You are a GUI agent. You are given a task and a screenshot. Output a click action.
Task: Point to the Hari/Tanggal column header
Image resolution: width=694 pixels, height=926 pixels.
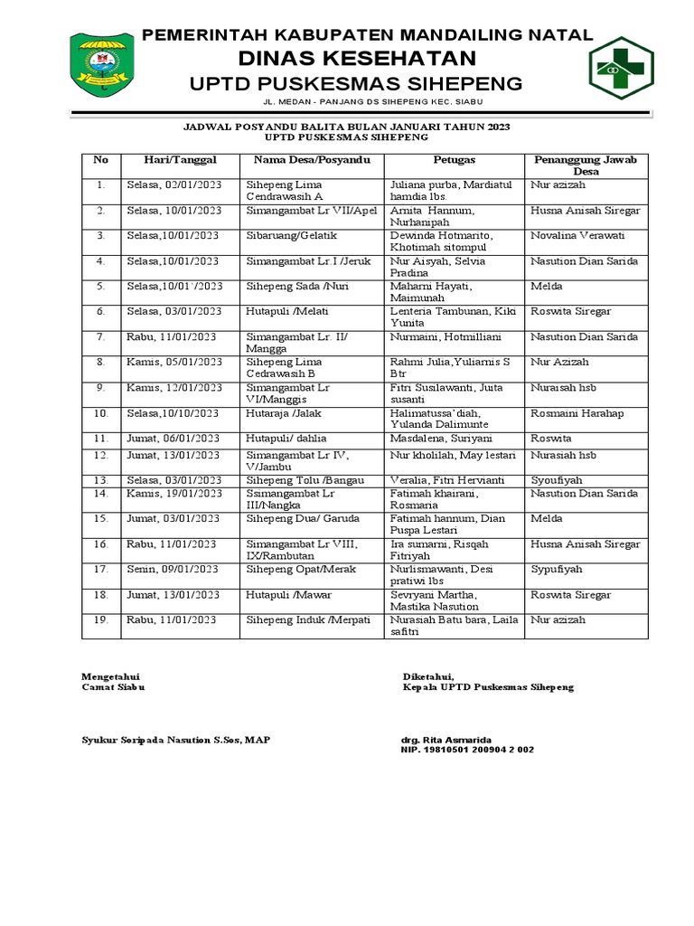[180, 160]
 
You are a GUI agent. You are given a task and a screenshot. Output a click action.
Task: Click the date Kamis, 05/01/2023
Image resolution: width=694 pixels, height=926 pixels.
[173, 362]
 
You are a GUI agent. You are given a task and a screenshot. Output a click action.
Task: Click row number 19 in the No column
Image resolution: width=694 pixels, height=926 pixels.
[100, 620]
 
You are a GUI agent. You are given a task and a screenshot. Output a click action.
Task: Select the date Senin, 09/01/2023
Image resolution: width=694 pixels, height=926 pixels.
[173, 570]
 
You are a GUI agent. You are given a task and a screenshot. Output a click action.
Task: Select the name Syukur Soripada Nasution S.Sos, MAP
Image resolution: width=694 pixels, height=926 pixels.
[175, 740]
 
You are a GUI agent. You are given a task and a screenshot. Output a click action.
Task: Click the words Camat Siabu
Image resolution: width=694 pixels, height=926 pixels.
[113, 687]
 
